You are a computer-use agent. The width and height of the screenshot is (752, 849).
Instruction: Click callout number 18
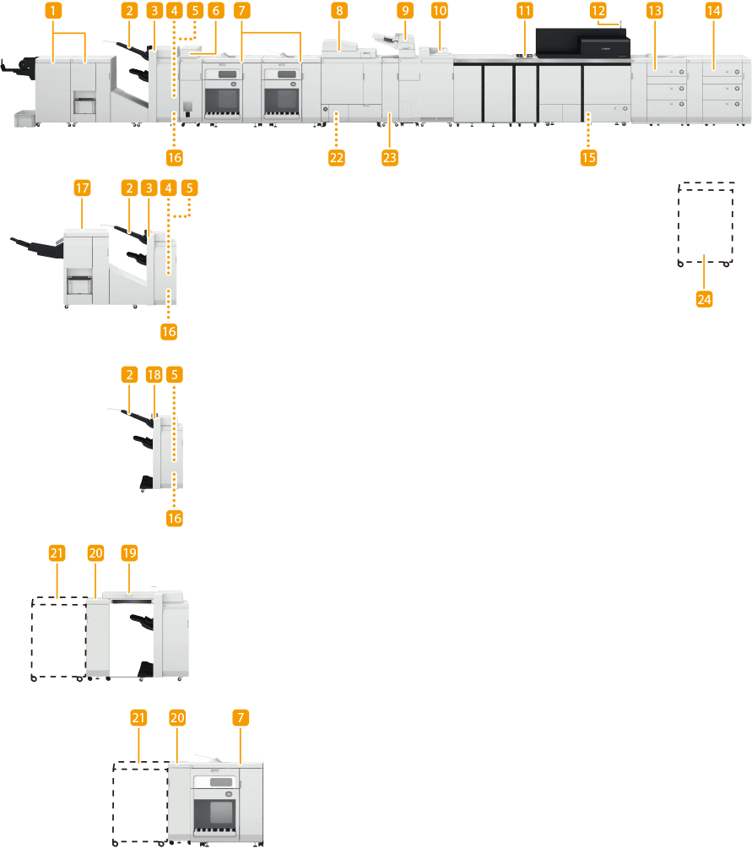pos(153,373)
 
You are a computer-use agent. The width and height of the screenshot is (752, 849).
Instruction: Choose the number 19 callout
pos(129,552)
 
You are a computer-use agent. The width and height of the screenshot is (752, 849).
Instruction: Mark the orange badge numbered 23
pos(389,156)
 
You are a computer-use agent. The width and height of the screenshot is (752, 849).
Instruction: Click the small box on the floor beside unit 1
pos(24,120)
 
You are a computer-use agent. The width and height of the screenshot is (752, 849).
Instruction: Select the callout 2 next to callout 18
pos(129,373)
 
